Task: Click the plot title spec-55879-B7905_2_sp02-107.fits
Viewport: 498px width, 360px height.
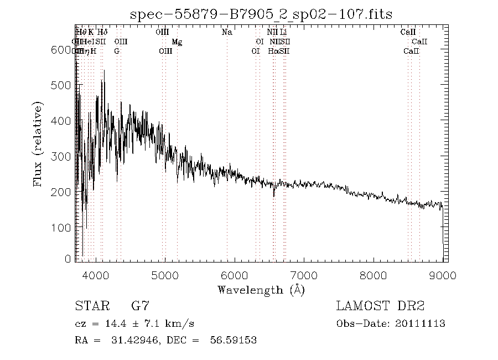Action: pos(261,14)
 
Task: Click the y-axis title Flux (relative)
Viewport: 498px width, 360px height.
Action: pos(38,144)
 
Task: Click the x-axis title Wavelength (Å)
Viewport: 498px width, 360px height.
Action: pos(261,289)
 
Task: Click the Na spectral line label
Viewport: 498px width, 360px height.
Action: pos(227,32)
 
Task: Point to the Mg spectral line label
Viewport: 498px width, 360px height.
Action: pos(177,42)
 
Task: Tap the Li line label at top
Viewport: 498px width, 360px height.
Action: pos(283,32)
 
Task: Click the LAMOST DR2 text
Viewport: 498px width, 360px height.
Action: pos(380,306)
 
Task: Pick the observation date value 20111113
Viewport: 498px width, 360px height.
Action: pos(422,323)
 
